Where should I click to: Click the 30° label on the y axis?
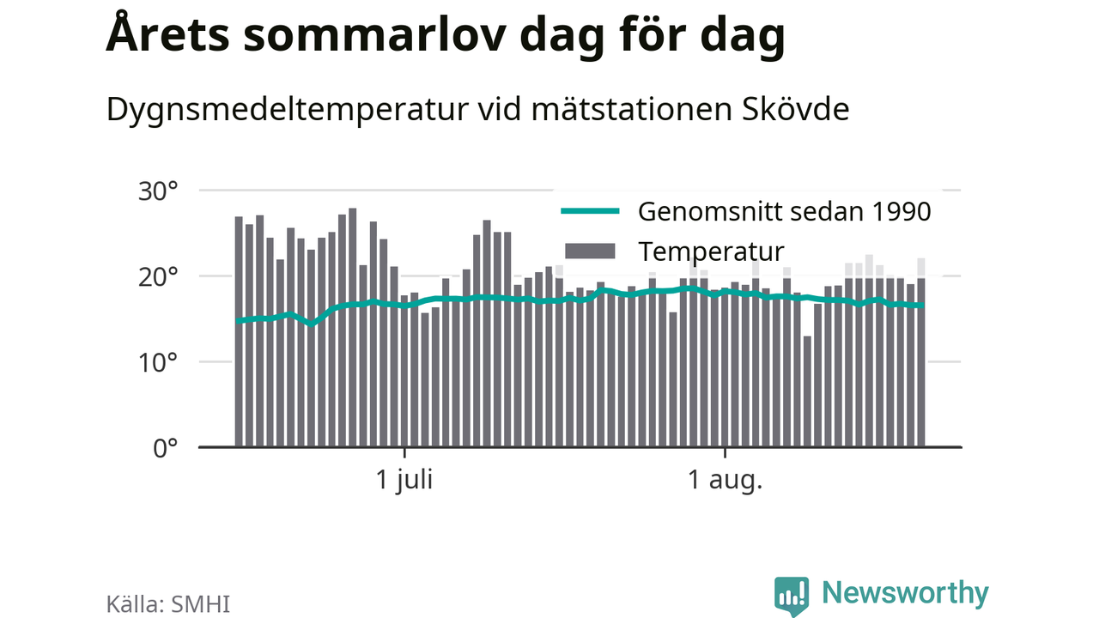click(158, 191)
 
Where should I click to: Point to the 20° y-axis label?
click(158, 277)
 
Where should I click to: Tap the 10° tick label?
click(158, 363)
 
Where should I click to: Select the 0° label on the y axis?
click(166, 449)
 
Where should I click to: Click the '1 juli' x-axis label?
click(404, 480)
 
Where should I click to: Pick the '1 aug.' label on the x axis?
click(726, 480)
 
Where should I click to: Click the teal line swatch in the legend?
click(590, 211)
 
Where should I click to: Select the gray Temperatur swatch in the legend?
click(590, 251)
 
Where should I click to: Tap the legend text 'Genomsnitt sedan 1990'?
click(784, 212)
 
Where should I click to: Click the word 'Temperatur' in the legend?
click(711, 252)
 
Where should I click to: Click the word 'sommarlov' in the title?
click(374, 35)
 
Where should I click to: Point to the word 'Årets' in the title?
click(167, 33)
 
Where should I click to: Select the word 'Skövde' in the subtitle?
click(795, 109)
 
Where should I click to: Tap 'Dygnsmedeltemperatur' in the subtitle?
click(288, 110)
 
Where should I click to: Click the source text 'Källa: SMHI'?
click(167, 603)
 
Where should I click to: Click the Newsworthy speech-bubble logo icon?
click(792, 596)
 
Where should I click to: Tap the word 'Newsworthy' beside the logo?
click(905, 593)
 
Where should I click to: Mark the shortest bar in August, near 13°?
click(807, 391)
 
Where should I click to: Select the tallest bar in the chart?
click(352, 328)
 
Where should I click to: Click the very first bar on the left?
click(239, 331)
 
